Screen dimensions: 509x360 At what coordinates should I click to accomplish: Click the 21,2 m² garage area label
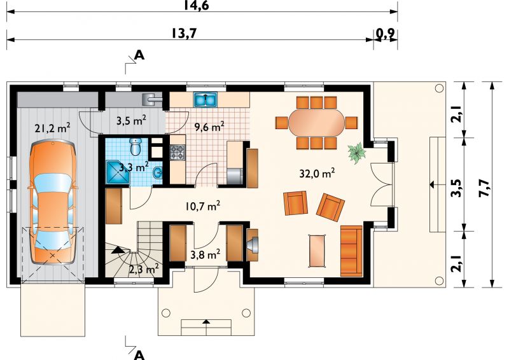tap(52, 128)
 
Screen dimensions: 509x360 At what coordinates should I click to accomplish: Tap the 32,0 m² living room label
tap(317, 174)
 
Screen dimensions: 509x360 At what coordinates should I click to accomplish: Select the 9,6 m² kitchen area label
tap(209, 127)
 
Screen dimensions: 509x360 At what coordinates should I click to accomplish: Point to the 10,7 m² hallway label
tap(202, 206)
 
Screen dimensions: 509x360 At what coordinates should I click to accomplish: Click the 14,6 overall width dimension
tap(197, 5)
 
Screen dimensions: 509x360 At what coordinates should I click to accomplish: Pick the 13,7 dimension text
tap(184, 33)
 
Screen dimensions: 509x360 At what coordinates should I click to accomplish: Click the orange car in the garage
tap(52, 202)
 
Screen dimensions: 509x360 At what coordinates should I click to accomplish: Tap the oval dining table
tap(316, 123)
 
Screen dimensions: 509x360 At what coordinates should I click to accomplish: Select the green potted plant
tap(357, 153)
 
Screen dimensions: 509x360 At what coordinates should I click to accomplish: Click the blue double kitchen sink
tap(206, 99)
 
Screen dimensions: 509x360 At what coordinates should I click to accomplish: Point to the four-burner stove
tap(178, 153)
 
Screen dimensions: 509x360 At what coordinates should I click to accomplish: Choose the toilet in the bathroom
tap(135, 147)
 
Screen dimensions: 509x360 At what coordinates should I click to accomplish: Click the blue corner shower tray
tap(118, 174)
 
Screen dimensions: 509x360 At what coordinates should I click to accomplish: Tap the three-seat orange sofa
tap(351, 251)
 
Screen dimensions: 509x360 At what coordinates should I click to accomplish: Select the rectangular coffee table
tap(317, 251)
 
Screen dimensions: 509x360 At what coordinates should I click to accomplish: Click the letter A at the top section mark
tap(139, 55)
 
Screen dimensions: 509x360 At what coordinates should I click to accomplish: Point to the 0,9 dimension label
tap(386, 33)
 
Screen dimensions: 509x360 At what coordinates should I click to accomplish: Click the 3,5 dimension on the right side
tap(457, 188)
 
